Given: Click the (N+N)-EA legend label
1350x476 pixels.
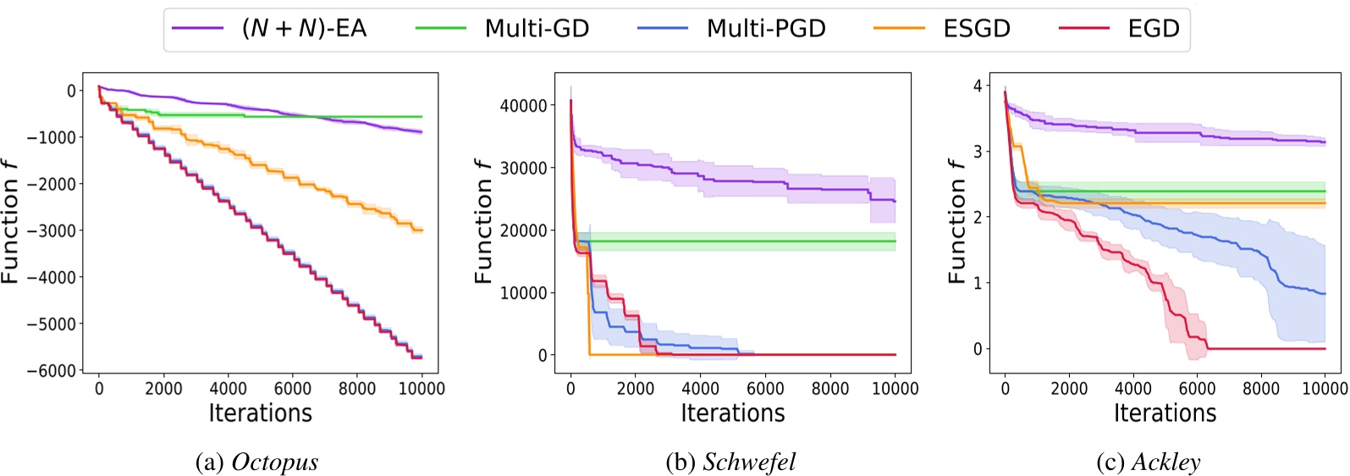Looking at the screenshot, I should coord(304,29).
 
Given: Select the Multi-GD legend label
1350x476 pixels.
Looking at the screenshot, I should coord(537,29).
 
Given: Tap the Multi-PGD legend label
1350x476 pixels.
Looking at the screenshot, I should coord(766,29).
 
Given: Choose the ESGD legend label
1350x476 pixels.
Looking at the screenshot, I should coord(977,29).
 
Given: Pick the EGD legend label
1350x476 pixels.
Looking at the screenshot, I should coord(1153,29).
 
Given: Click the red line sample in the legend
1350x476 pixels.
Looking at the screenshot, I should coord(1083,29).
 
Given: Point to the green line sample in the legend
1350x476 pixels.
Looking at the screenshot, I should coord(441,29).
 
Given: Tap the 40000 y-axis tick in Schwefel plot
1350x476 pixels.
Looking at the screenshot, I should coord(522,106).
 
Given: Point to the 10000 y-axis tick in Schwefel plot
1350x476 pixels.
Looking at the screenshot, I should coord(522,293).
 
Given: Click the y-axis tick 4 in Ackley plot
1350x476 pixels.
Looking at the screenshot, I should coord(978,86).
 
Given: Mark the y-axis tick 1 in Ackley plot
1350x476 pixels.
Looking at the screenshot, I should coord(978,283).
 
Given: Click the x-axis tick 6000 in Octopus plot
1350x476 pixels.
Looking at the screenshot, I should coord(292,389).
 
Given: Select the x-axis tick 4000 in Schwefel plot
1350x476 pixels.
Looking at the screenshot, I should coord(700,389).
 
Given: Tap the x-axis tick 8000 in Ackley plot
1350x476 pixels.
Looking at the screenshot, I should coord(1260,389).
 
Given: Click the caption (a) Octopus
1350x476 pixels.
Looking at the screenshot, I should coord(256,462).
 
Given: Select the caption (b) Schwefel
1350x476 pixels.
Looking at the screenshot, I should coord(731,462).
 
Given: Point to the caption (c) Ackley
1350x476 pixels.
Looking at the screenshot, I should coord(1148,462).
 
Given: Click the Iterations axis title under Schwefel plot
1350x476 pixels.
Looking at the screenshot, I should coord(733,413).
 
